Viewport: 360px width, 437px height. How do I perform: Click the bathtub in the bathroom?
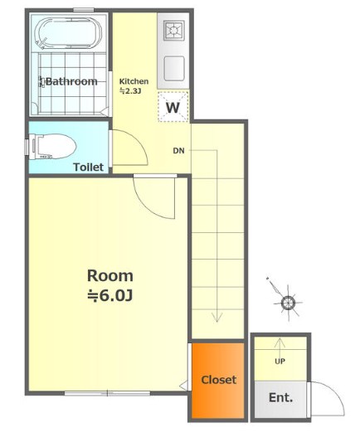[x=69, y=34]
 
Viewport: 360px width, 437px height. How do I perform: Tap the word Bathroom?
[x=71, y=81]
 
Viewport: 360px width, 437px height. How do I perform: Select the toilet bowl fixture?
[x=52, y=147]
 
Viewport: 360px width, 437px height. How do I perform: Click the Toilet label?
[x=89, y=167]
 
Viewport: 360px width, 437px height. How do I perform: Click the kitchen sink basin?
[x=174, y=68]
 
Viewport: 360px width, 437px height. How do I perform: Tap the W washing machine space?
[x=173, y=107]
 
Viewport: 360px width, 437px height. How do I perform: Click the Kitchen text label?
[x=134, y=81]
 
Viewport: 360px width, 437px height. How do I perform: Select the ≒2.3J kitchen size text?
[x=129, y=91]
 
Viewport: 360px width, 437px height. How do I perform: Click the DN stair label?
[x=178, y=151]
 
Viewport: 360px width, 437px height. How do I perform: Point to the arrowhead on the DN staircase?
[x=216, y=318]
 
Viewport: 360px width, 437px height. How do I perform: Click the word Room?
[x=110, y=275]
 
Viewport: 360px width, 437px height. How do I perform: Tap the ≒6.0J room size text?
[x=109, y=296]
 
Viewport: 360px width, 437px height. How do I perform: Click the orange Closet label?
[x=219, y=380]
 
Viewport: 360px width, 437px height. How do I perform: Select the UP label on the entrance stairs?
[x=280, y=362]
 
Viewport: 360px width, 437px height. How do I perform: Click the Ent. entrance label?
[x=281, y=397]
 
